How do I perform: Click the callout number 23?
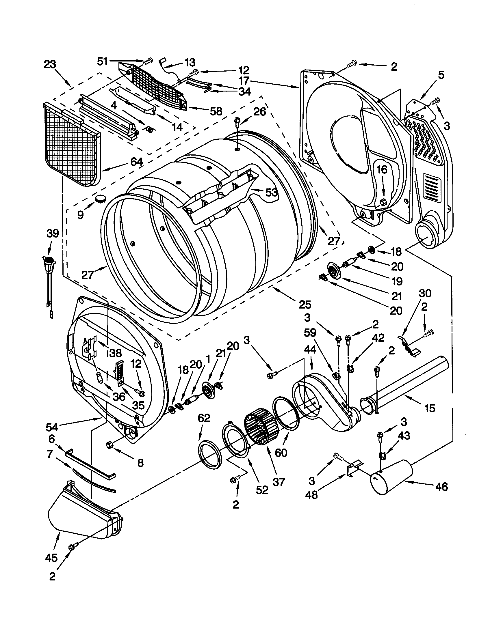coord(50,64)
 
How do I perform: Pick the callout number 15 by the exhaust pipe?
coord(430,408)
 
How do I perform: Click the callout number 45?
coord(51,558)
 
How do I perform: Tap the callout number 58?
coord(216,111)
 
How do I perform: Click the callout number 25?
coord(305,305)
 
